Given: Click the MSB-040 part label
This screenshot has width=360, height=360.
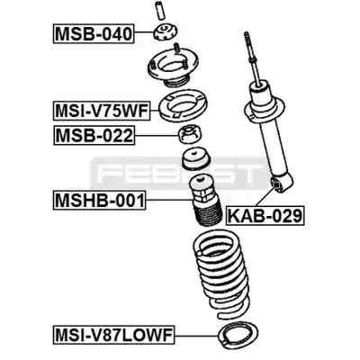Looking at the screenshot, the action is click(94, 34).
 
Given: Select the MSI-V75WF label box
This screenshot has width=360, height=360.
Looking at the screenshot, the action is click(102, 111).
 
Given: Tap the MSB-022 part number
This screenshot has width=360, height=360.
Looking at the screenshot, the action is click(94, 136).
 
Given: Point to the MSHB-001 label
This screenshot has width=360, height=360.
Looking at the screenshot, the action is click(100, 200).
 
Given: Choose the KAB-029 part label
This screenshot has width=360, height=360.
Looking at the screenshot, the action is click(265, 215).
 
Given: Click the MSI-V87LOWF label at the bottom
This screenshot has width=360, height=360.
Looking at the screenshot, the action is click(114, 335).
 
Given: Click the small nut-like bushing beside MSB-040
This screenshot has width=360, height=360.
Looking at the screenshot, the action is click(166, 33).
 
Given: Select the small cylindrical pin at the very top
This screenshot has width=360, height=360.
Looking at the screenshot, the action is click(159, 9).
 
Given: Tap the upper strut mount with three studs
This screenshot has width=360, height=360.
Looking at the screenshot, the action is click(172, 68).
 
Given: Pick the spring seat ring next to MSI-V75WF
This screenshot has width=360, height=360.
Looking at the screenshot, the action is click(183, 106).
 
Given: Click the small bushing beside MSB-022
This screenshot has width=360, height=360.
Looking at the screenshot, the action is click(191, 135).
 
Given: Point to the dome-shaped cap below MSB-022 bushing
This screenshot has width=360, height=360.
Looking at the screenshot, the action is click(196, 159).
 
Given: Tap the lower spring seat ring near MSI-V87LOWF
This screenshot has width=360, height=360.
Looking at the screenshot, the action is click(238, 335).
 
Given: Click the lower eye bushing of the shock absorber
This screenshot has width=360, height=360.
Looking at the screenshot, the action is click(276, 184).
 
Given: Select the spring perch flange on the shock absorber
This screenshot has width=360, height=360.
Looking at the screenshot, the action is click(264, 113).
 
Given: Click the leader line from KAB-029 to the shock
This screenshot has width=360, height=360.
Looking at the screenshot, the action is click(259, 197).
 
